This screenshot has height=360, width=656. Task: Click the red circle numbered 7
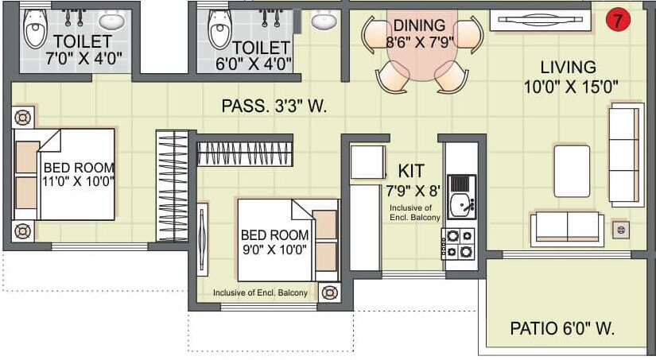tap(617, 19)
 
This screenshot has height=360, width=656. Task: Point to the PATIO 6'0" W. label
tap(563, 327)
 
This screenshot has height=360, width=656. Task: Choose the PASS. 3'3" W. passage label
tap(274, 106)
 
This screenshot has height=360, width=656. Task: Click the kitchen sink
tap(460, 204)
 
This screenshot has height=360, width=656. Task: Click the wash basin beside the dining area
tap(324, 20)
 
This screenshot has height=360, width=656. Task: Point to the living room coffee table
tap(572, 171)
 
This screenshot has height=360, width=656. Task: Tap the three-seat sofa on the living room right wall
tap(625, 154)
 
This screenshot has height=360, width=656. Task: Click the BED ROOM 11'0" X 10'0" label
tap(78, 174)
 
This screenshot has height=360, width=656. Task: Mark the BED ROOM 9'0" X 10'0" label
tap(274, 242)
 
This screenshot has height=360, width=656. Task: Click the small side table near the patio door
tap(621, 230)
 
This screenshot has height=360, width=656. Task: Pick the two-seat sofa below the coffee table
tap(566, 226)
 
